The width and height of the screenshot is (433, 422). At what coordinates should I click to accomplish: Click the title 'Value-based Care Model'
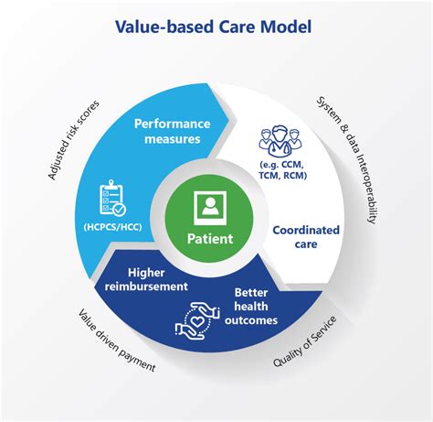[x=216, y=25]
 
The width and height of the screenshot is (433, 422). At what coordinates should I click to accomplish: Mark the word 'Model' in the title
[x=283, y=25]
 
